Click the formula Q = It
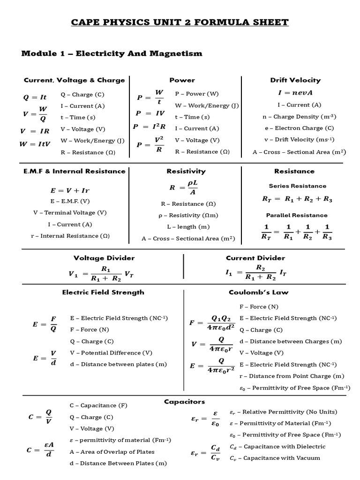point(35,97)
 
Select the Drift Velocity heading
point(295,80)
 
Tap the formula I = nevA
point(295,93)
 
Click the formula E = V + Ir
point(69,190)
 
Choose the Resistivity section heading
point(186,171)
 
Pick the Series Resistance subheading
point(297,186)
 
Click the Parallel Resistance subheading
point(297,215)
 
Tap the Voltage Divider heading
point(104,258)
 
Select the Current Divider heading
point(255,258)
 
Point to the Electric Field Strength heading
point(103,292)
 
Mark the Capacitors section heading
point(184,401)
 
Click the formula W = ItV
point(34,144)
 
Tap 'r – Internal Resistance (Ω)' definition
point(70,236)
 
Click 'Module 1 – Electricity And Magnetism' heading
point(112,53)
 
